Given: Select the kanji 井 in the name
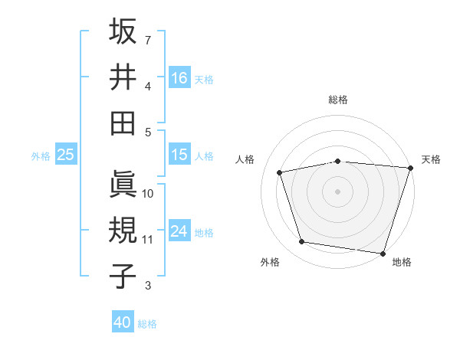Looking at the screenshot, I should coord(123,77).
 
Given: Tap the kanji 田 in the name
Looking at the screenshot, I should coord(123,123).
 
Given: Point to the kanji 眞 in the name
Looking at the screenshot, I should coord(123,184).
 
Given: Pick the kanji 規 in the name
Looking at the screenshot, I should coord(123,230).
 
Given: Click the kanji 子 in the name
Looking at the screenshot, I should coord(123,276).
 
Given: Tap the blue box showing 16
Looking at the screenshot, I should coord(179,78).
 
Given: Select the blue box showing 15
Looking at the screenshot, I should coord(179,155).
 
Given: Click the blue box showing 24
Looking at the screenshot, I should coord(179,231).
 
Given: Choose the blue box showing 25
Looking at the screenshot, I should coord(66,155).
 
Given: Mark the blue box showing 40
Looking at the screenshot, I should coord(123,322).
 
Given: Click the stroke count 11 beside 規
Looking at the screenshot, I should coord(147,240).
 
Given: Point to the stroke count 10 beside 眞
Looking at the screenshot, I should coord(148,194).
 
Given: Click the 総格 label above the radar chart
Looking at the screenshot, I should coord(338,100).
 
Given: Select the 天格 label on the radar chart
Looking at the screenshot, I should coord(431,159).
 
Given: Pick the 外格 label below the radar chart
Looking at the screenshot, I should coord(270,262).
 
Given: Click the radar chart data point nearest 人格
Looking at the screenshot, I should coord(280,172).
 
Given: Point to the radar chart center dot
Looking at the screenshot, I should coord(338,191).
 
